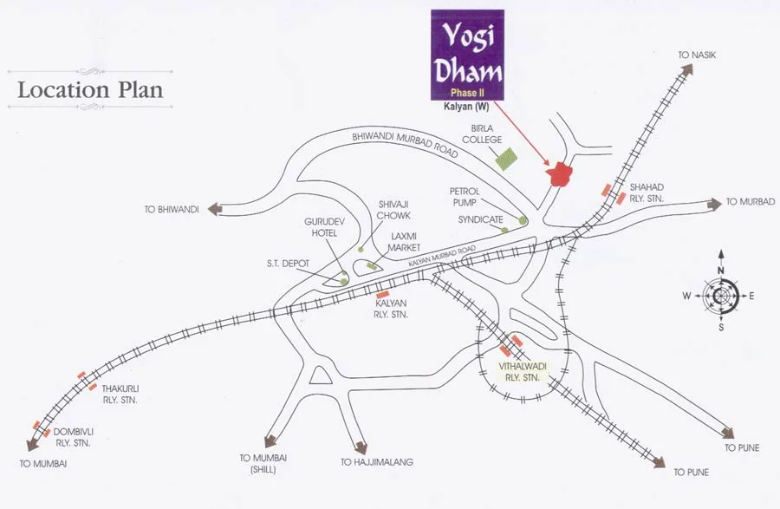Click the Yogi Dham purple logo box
coord(467,54)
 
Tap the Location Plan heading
coord(90,89)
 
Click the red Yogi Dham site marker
coord(561,173)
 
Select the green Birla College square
coord(505,159)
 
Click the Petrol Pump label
coord(465,196)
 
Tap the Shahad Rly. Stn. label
coord(648,192)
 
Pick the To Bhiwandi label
coord(172,209)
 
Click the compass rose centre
coord(721,296)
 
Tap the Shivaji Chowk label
coord(393,210)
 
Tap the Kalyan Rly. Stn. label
coord(392,309)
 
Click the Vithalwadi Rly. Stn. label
coord(519,373)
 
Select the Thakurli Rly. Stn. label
coord(120,395)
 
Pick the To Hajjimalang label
coord(377,463)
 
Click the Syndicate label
coord(480,220)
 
